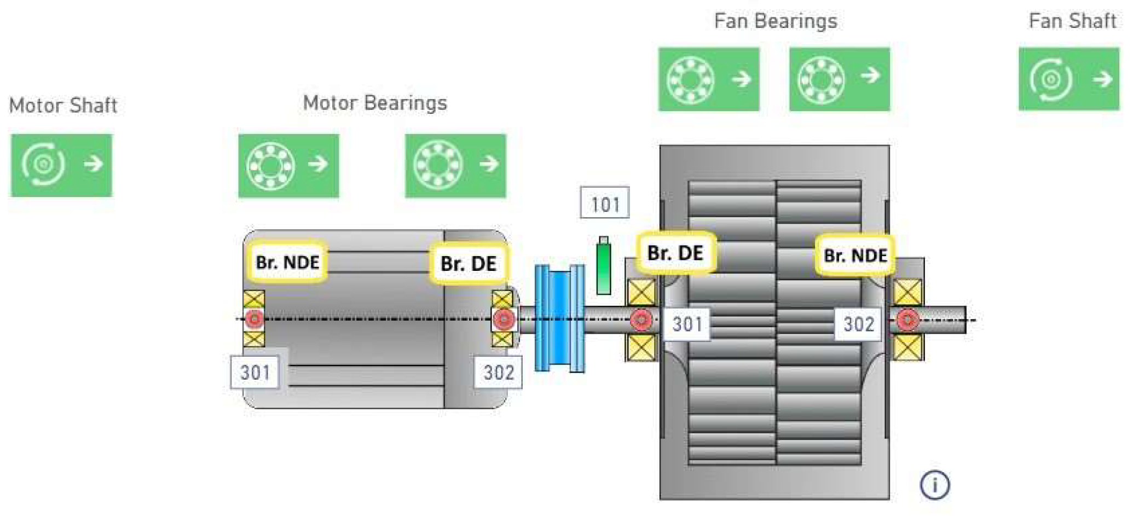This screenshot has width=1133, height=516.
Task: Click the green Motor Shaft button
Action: coord(61,165)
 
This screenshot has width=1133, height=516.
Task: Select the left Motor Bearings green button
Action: coord(288,165)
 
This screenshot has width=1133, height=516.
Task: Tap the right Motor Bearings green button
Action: coord(455,165)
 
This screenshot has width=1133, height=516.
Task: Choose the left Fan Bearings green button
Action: coord(709,79)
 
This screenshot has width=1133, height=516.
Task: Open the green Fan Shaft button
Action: coord(1068,79)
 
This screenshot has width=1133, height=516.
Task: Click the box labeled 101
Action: coord(605,204)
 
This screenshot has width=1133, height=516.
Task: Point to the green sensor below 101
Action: coord(603,266)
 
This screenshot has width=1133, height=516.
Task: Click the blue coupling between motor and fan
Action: coord(559,318)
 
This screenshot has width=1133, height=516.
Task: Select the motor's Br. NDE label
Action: coord(287,262)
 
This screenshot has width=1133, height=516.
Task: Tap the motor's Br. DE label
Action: coord(469,264)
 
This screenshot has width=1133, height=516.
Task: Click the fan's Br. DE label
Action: coord(675,253)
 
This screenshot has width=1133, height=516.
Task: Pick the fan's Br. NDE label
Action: coord(855,255)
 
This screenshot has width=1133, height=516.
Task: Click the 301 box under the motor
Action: coord(255,373)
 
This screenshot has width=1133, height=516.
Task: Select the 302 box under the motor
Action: coord(498,373)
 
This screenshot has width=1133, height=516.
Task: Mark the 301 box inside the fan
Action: coord(686,324)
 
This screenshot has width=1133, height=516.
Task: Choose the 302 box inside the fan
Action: coord(858,324)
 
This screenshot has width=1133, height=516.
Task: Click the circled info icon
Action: coord(934,485)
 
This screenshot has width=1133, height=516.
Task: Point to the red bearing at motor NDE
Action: coord(253,318)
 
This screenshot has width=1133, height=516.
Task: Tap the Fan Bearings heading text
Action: coord(775,21)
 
